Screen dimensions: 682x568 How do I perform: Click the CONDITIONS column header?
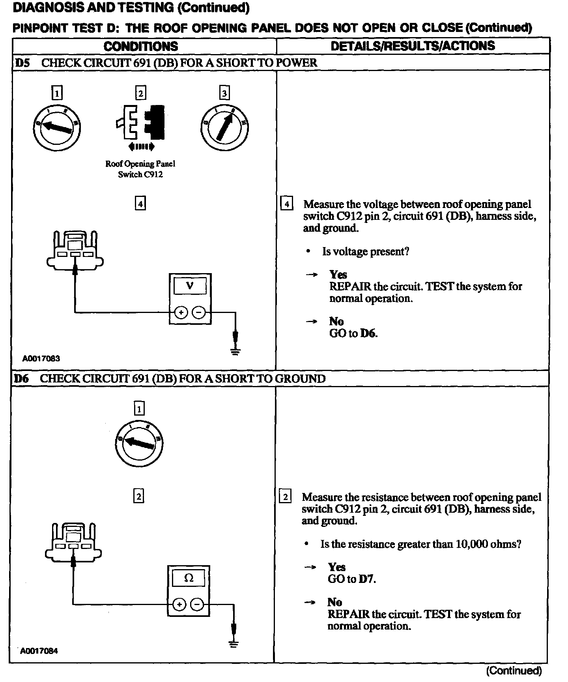pyautogui.click(x=141, y=46)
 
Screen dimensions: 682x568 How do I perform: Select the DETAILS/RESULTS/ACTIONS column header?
pyautogui.click(x=413, y=46)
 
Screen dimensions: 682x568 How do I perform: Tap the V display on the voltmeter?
pyautogui.click(x=190, y=285)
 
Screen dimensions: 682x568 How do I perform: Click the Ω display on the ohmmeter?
pyautogui.click(x=189, y=578)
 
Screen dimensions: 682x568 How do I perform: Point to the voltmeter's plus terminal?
pyautogui.click(x=181, y=313)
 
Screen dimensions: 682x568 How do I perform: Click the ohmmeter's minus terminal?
pyautogui.click(x=197, y=604)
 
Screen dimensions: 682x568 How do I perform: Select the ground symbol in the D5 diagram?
pyautogui.click(x=235, y=350)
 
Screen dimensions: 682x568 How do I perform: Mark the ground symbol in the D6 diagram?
pyautogui.click(x=234, y=643)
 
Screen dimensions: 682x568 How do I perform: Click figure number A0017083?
pyautogui.click(x=41, y=358)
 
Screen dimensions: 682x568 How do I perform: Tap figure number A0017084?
pyautogui.click(x=39, y=651)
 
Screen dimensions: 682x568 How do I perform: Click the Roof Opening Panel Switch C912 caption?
pyautogui.click(x=140, y=169)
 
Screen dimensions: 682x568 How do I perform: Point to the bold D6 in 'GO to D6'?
pyautogui.click(x=368, y=334)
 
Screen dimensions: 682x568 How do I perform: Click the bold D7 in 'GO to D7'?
pyautogui.click(x=367, y=579)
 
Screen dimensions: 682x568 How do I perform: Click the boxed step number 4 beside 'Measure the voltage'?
pyautogui.click(x=287, y=204)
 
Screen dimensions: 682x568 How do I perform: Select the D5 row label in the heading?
pyautogui.click(x=22, y=63)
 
